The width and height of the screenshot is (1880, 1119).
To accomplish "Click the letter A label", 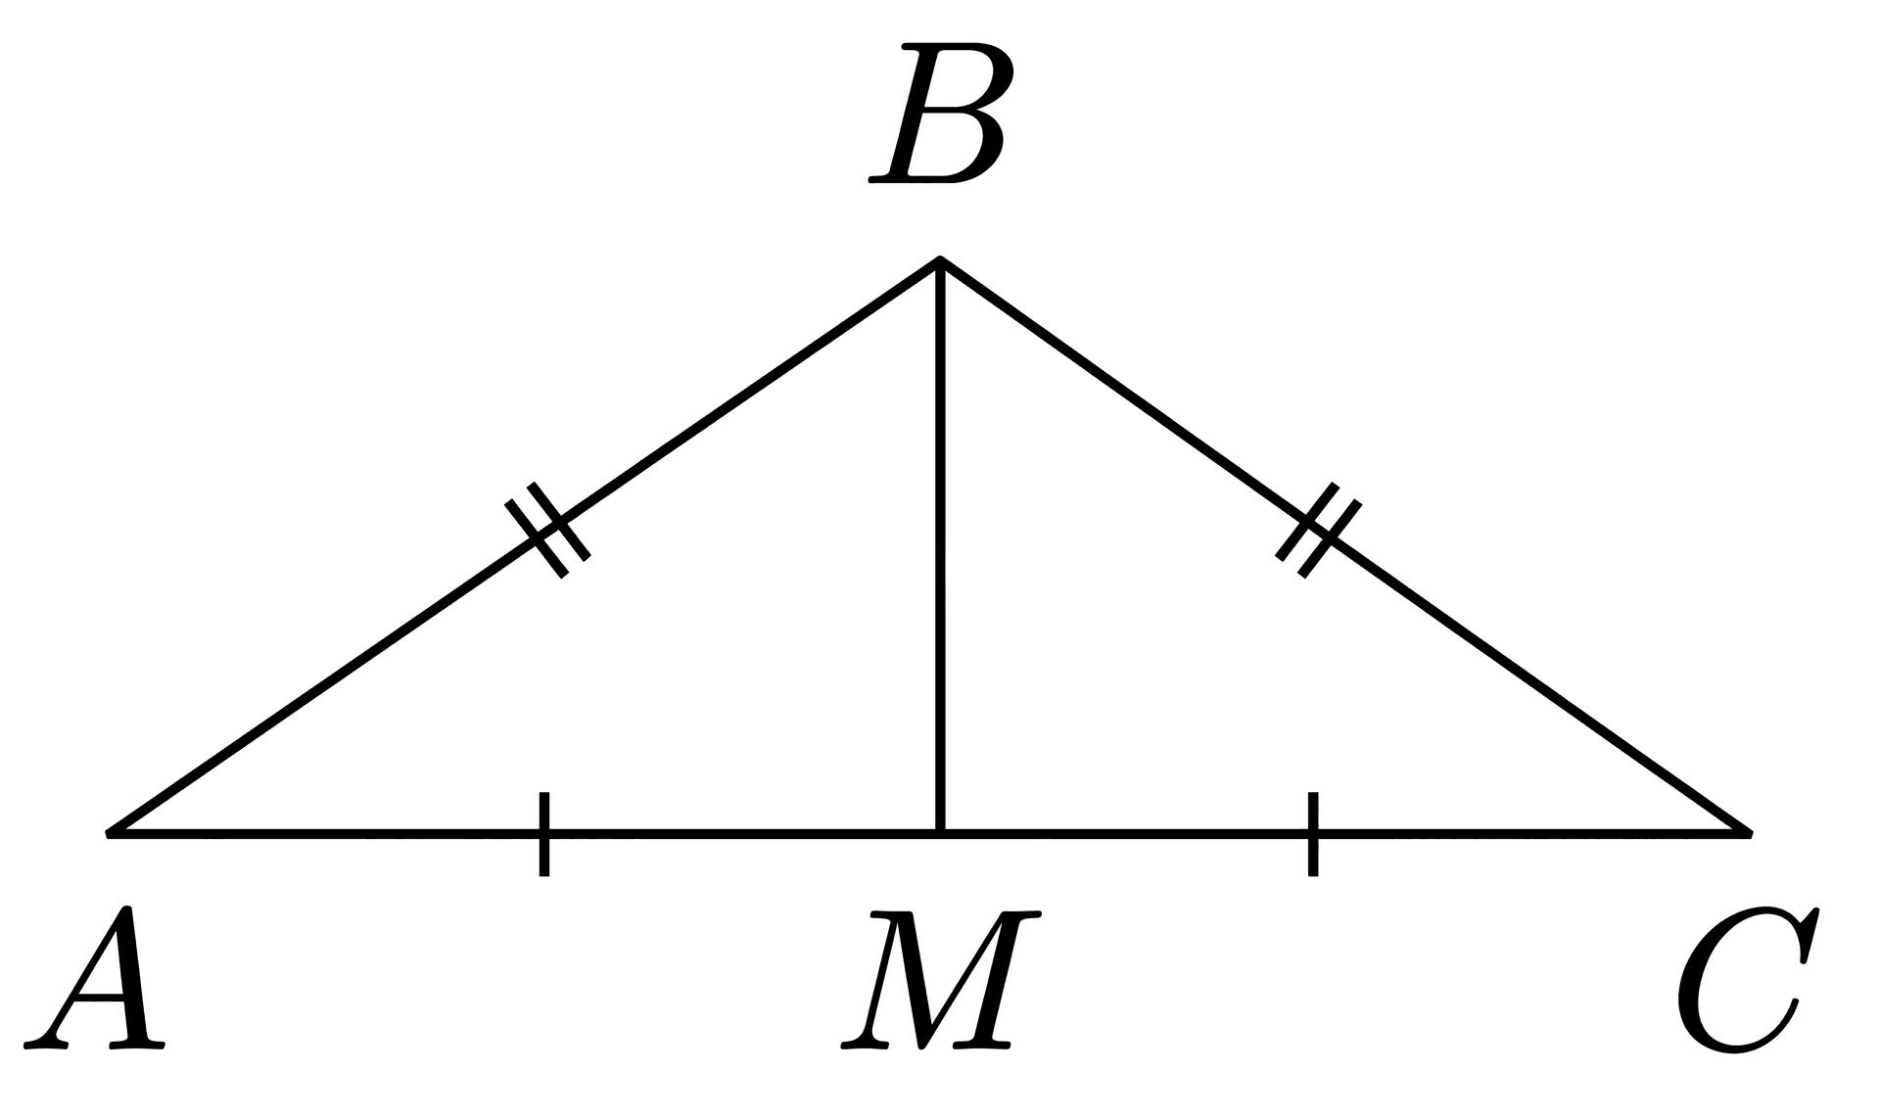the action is click(x=95, y=978).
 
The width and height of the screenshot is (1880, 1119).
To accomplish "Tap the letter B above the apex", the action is click(x=937, y=112).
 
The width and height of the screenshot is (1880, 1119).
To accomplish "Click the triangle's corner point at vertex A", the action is click(x=108, y=833).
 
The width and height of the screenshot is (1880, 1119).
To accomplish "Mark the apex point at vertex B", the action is click(x=940, y=259).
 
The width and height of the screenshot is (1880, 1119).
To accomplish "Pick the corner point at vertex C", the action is click(x=1750, y=833).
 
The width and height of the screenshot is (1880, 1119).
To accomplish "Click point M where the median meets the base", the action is click(x=940, y=833).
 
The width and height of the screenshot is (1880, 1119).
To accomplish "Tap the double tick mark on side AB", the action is click(x=547, y=531).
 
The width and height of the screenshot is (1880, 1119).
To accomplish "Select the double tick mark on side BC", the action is click(x=1319, y=530).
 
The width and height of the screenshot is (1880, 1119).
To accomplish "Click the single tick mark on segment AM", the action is click(x=544, y=833).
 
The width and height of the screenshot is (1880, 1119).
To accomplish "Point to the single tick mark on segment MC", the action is click(x=1313, y=833).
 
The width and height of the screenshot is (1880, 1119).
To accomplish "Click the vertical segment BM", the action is click(x=940, y=546).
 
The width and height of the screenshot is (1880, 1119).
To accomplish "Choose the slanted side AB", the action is click(x=524, y=546).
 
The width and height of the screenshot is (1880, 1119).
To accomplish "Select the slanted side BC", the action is click(x=1344, y=546).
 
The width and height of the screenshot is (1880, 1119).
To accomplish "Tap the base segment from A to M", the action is click(x=524, y=833).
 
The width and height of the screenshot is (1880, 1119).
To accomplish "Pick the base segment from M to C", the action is click(x=1344, y=833).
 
